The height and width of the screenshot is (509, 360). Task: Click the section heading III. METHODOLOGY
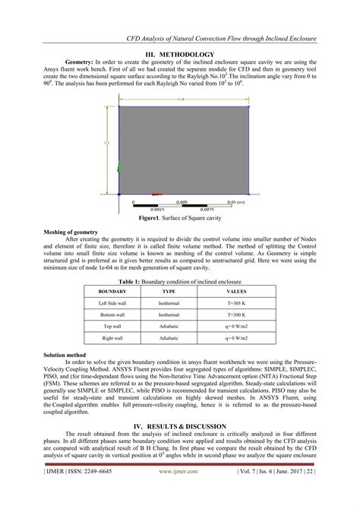coord(180,55)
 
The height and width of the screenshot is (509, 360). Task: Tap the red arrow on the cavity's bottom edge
coord(157,194)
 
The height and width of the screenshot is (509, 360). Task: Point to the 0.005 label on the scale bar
coord(182,202)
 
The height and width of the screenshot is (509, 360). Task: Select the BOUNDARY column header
coord(112,291)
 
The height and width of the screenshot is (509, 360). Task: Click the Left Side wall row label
coord(112,302)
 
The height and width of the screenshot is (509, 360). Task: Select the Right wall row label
coord(112,337)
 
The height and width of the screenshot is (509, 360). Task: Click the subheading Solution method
coord(65,355)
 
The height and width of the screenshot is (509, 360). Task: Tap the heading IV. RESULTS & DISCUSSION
coord(180,427)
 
